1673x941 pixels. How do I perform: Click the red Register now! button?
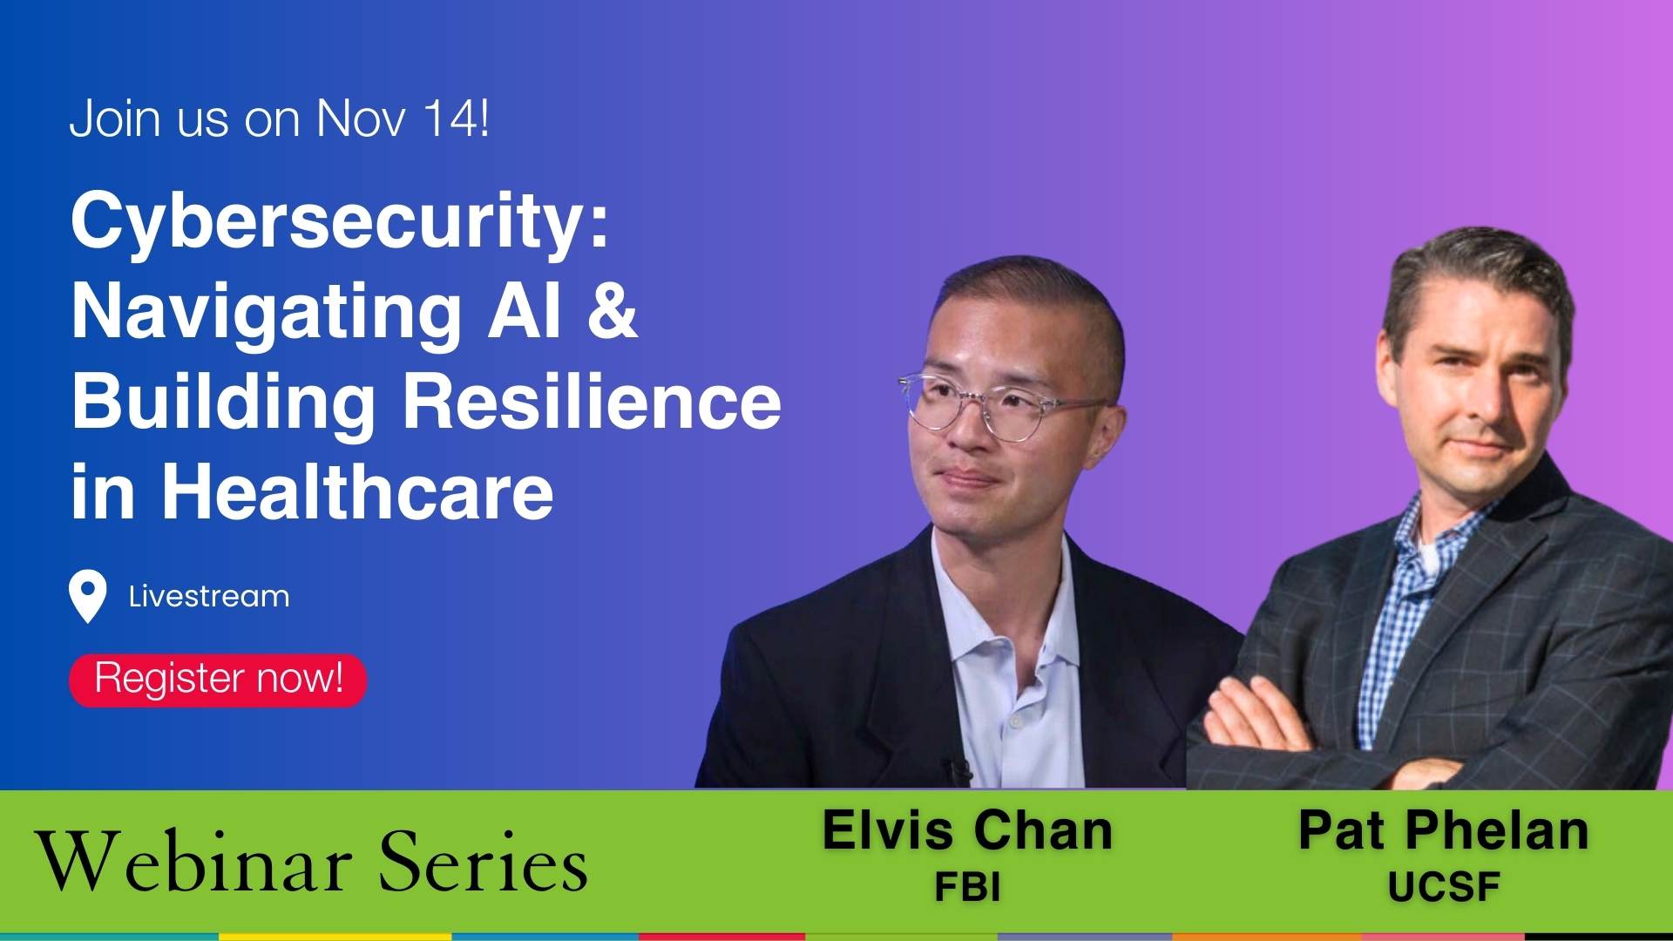tap(218, 680)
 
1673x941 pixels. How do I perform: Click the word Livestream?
tap(209, 597)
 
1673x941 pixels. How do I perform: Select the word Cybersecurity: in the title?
tap(340, 222)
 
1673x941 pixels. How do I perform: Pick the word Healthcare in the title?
tap(357, 492)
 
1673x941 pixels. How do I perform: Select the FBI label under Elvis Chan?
tap(967, 887)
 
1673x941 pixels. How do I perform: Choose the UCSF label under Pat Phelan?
tap(1444, 887)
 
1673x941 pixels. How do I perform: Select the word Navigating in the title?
tap(266, 312)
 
